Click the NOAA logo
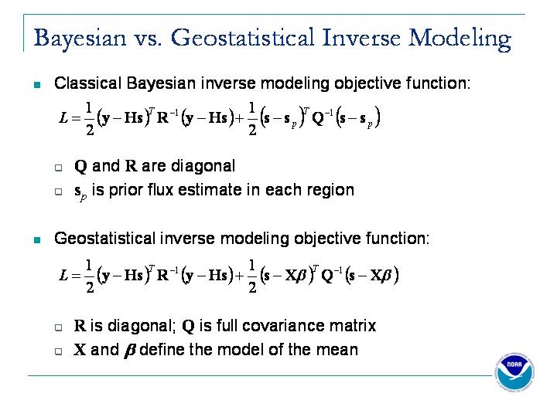(514, 372)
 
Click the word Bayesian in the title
(80, 39)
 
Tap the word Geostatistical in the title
(243, 37)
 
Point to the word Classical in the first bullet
(87, 83)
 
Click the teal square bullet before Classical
(37, 85)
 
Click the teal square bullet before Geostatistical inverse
(37, 240)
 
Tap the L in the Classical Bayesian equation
(63, 117)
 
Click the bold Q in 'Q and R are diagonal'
(80, 166)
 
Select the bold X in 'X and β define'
(80, 350)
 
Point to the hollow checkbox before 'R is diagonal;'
(59, 327)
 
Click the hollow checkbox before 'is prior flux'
(59, 192)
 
